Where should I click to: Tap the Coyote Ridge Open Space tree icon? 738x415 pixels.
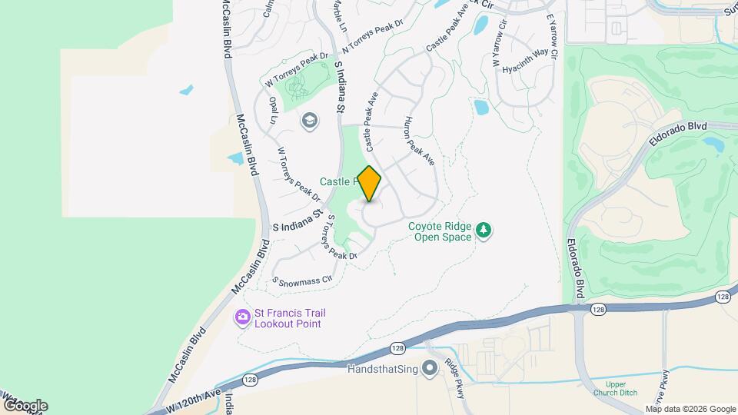[x=484, y=230]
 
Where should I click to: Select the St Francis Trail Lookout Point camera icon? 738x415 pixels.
[x=243, y=317]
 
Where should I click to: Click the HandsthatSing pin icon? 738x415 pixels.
[x=430, y=369]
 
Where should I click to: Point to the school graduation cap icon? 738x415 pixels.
[x=309, y=121]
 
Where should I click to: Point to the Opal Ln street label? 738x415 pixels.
[x=272, y=111]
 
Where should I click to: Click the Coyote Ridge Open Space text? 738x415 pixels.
[x=440, y=231]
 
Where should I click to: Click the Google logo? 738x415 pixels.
[x=25, y=405]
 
